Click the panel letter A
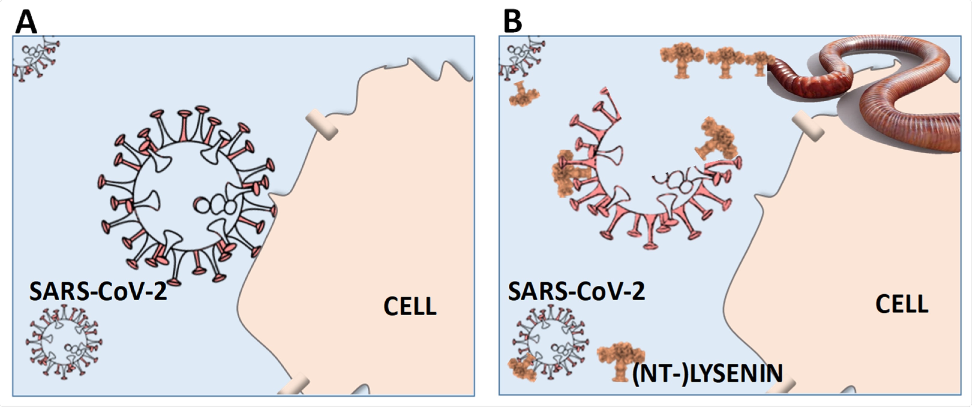pyautogui.click(x=26, y=22)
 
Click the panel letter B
pyautogui.click(x=513, y=22)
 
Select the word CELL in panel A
pyautogui.click(x=410, y=306)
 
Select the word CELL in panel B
pyautogui.click(x=902, y=304)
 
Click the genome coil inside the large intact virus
pyautogui.click(x=215, y=205)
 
